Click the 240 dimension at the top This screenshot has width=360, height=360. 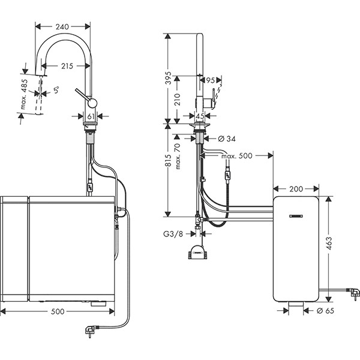click(63, 26)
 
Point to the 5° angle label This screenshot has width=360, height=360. click(56, 90)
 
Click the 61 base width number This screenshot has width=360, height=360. click(91, 116)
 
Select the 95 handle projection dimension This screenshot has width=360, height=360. click(210, 80)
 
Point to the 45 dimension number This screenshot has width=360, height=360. click(200, 116)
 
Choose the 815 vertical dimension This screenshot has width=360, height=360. click(169, 160)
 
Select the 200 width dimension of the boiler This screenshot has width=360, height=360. click(296, 189)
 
